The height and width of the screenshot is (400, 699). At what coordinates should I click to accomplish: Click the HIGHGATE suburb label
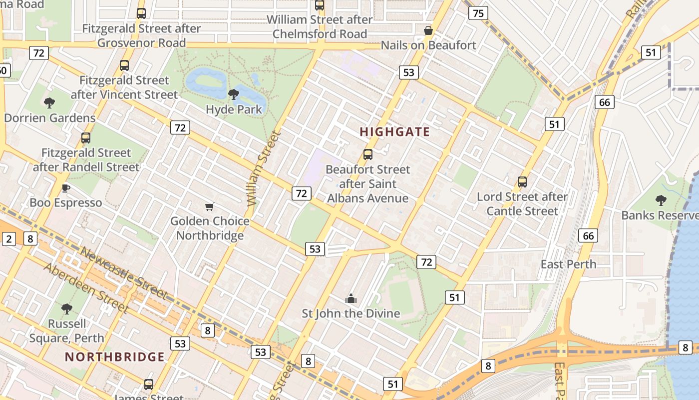pyautogui.click(x=394, y=132)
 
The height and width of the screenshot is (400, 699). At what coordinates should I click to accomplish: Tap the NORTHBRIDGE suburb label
pyautogui.click(x=114, y=356)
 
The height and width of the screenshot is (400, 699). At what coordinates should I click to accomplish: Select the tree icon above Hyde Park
pyautogui.click(x=233, y=94)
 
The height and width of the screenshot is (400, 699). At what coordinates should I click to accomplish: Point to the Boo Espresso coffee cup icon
pyautogui.click(x=65, y=188)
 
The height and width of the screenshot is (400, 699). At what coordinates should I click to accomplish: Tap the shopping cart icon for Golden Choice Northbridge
pyautogui.click(x=210, y=206)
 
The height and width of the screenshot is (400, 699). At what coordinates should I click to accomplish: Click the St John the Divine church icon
pyautogui.click(x=351, y=298)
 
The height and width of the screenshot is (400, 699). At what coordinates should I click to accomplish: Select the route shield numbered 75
pyautogui.click(x=478, y=13)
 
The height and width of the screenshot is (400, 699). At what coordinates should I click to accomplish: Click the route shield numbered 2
pyautogui.click(x=8, y=239)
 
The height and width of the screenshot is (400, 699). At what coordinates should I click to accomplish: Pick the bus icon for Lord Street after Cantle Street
pyautogui.click(x=522, y=182)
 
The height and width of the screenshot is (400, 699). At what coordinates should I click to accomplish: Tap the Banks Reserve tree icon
pyautogui.click(x=661, y=200)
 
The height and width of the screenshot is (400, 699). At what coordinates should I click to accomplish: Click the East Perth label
pyautogui.click(x=568, y=264)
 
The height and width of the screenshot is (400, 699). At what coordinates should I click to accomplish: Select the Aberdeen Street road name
pyautogui.click(x=86, y=287)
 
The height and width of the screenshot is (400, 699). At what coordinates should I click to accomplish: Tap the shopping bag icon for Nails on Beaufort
pyautogui.click(x=428, y=30)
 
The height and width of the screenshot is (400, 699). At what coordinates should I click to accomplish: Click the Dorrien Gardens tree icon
pyautogui.click(x=49, y=103)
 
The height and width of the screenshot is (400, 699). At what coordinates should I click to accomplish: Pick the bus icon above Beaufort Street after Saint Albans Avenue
pyautogui.click(x=368, y=154)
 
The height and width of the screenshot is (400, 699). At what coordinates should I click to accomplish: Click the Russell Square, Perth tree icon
pyautogui.click(x=67, y=309)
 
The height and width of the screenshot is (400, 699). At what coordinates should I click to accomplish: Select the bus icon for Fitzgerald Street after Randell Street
pyautogui.click(x=86, y=138)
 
